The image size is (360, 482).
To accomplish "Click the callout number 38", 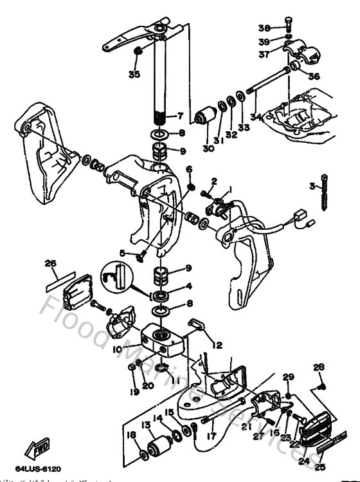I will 264,28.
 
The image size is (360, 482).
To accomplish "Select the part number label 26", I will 50,263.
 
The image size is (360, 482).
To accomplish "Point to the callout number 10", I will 117,350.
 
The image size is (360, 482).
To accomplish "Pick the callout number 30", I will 207,140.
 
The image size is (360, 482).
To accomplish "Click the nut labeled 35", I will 137,51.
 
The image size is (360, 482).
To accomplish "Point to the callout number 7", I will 181,116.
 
